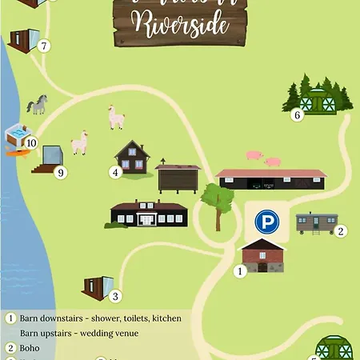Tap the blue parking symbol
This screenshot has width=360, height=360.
coord(266,222)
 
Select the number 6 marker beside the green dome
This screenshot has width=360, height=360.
coord(298,115)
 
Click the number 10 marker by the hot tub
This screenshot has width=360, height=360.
coord(32,143)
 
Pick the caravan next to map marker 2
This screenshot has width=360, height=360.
coord(315,222)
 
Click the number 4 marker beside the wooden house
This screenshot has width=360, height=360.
coord(115,171)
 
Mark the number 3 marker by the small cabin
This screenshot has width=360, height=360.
coord(115,297)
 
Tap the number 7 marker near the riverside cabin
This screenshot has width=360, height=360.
coord(44,46)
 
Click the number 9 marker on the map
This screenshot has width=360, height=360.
coord(60,172)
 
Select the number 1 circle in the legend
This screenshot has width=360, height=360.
coord(11,318)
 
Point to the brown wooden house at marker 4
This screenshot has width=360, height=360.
coord(132,158)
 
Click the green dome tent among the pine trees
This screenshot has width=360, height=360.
coord(318,102)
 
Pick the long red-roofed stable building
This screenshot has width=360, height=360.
coord(271,179)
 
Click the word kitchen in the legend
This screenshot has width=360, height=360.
coord(166,318)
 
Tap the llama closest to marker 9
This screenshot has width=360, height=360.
coord(79,143)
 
